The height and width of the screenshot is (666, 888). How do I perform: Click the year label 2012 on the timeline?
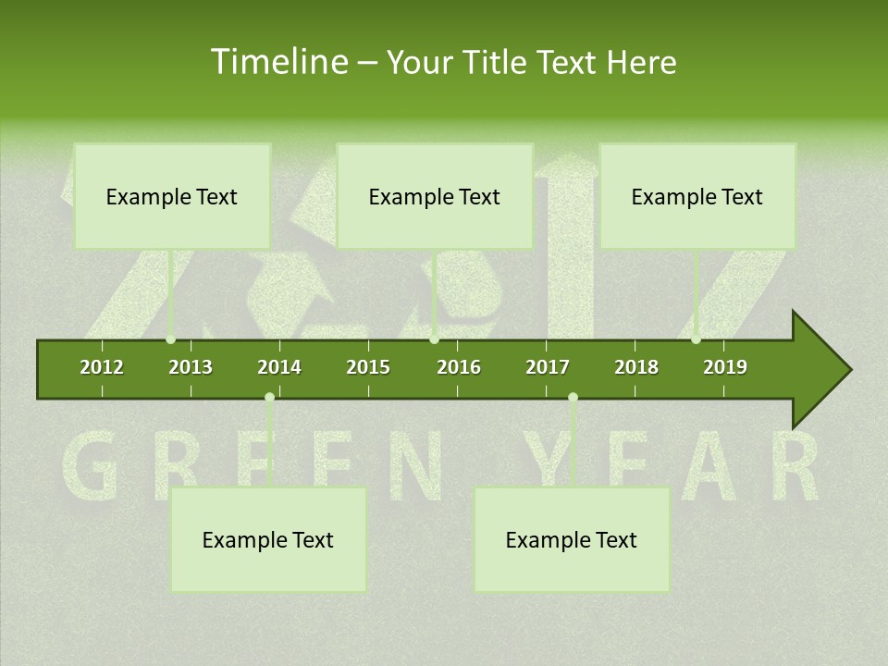102,367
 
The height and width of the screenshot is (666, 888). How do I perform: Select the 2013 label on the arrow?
191,367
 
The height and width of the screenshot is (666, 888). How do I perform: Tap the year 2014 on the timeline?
279,367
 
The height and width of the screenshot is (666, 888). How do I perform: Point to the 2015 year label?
368,367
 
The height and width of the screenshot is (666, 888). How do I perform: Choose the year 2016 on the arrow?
459,367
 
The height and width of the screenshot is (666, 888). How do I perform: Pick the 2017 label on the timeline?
548,367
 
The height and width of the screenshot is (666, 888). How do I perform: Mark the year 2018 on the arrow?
636,367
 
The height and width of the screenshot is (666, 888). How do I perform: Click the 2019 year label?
725,367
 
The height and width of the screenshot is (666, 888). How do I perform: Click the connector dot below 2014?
269,398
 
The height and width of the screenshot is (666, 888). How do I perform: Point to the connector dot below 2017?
573,398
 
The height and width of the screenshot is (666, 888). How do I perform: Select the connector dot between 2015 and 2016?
435,339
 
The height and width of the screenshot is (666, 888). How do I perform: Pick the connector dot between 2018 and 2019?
697,339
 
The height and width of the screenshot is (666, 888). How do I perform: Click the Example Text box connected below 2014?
268,540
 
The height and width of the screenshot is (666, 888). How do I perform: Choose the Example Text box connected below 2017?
572,540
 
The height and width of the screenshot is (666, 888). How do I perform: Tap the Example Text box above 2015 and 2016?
435,196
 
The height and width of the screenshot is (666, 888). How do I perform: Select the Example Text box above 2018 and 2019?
697,196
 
